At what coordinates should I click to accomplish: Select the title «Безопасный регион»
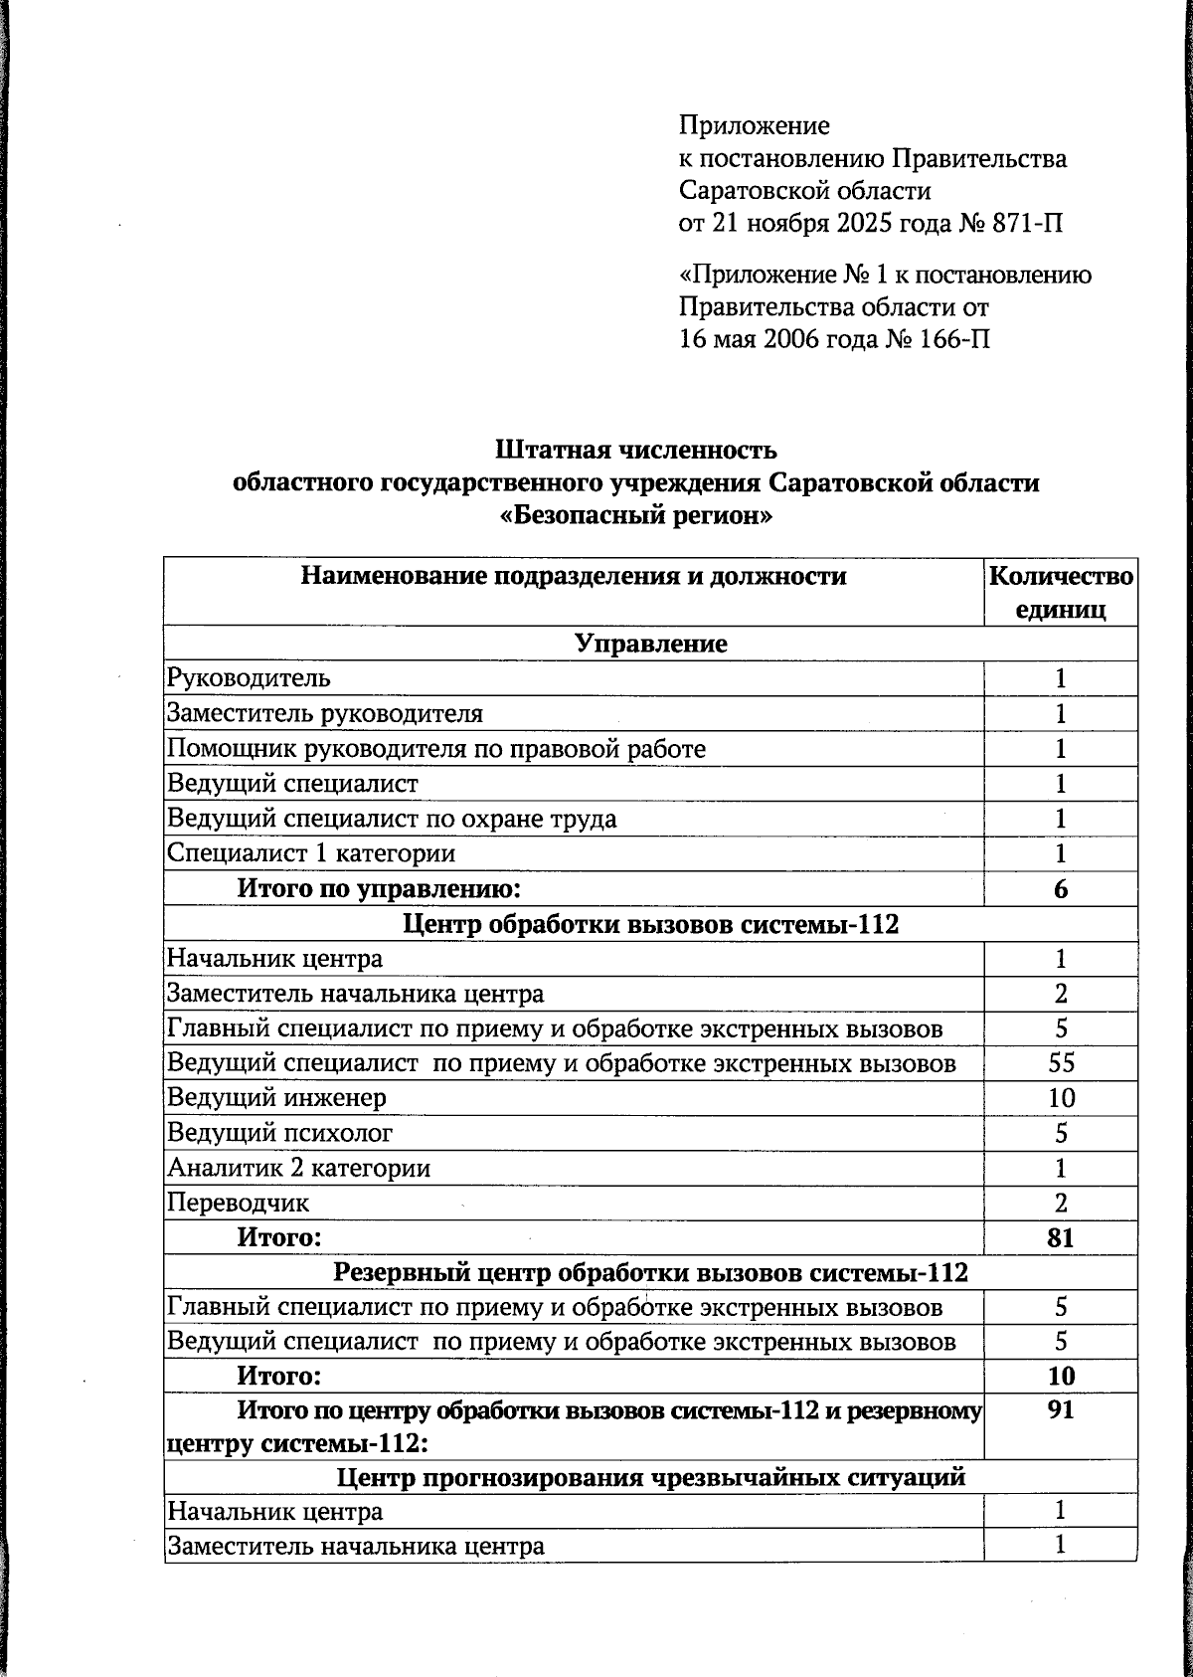(x=635, y=517)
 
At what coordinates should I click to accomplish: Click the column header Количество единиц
(x=1060, y=593)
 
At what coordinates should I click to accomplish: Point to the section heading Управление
(x=651, y=644)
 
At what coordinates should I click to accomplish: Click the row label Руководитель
(x=250, y=678)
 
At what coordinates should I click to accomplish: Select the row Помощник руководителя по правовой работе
(x=436, y=748)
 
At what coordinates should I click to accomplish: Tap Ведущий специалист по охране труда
(x=392, y=819)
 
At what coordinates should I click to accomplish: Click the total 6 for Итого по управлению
(x=1061, y=889)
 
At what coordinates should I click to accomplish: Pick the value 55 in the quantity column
(x=1061, y=1063)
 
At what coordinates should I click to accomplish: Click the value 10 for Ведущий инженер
(x=1061, y=1098)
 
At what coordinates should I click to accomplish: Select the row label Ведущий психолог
(x=280, y=1133)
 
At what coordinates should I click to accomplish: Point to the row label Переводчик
(x=239, y=1203)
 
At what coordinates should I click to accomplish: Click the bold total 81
(x=1061, y=1238)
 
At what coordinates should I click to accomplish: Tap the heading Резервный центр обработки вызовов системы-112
(x=650, y=1273)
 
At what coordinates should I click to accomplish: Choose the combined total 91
(x=1061, y=1410)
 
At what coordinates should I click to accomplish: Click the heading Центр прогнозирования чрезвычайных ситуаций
(x=650, y=1476)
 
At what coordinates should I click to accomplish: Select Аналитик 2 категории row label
(x=299, y=1168)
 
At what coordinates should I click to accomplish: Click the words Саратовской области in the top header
(x=805, y=190)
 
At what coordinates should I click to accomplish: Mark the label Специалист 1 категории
(x=311, y=853)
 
